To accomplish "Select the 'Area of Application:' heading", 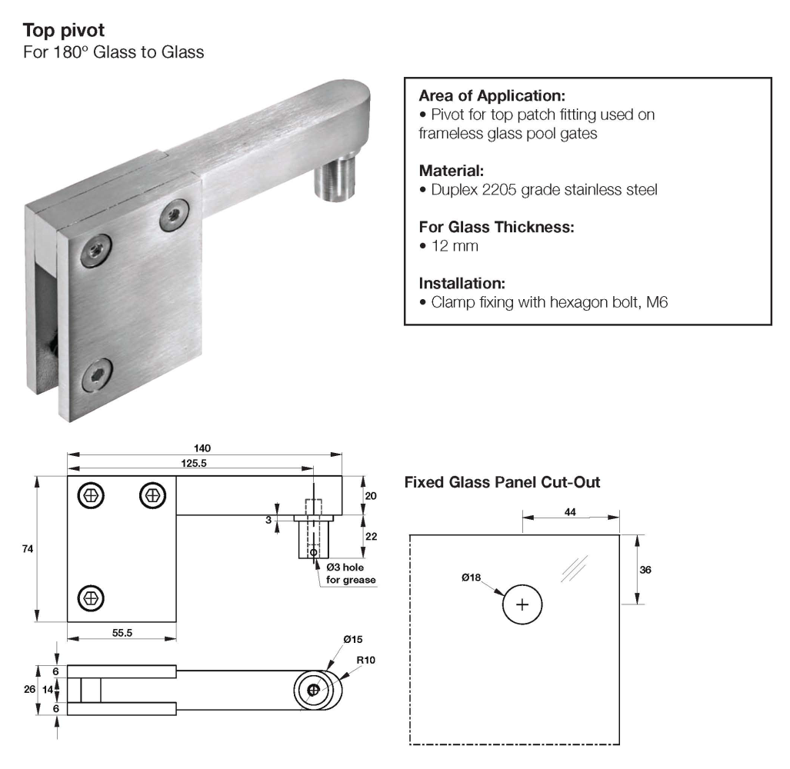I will click(x=492, y=97).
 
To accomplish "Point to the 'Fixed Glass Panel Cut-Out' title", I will click(x=502, y=483).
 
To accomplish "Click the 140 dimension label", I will click(x=203, y=448).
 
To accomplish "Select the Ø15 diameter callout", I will click(x=353, y=639).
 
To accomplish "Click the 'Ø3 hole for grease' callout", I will click(x=351, y=574).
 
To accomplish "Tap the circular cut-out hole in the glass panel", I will click(x=523, y=604).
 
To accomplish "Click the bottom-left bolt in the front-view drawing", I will click(x=91, y=596).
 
